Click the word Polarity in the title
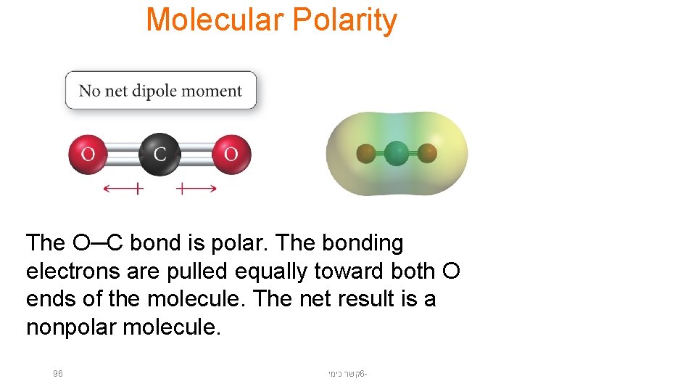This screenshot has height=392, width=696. [x=344, y=20]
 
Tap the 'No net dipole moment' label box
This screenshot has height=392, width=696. [x=160, y=91]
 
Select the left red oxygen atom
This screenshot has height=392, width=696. [x=88, y=154]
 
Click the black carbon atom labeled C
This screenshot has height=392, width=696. [x=159, y=154]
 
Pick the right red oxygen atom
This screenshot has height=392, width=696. [x=231, y=154]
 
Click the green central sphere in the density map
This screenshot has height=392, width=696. [x=397, y=154]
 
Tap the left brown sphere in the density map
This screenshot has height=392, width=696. [x=366, y=154]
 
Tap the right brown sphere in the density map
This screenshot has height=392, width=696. [x=428, y=154]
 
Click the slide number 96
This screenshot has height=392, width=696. [x=58, y=374]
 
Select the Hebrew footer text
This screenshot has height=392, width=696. [x=347, y=374]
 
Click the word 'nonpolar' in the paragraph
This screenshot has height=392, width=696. [x=71, y=327]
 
